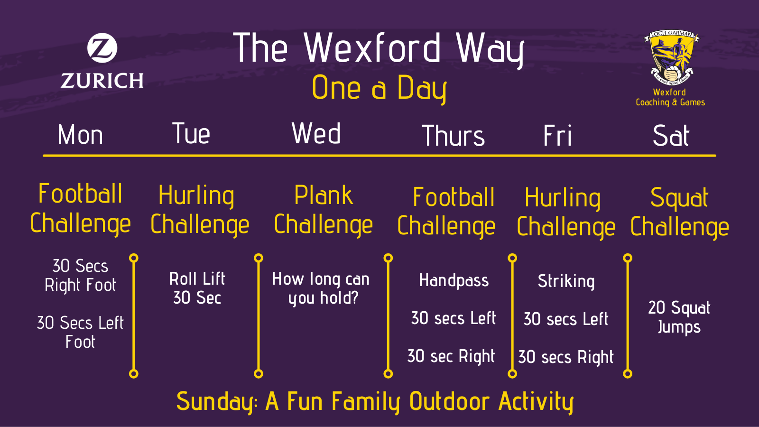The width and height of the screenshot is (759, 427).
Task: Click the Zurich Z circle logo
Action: point(102,48)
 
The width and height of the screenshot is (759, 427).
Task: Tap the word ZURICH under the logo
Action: point(102,81)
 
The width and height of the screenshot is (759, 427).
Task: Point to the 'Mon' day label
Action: point(80,135)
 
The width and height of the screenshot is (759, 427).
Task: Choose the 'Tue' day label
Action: point(191,133)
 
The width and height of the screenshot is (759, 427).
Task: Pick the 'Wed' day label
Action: point(316,133)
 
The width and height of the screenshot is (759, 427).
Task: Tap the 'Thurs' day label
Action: point(454,136)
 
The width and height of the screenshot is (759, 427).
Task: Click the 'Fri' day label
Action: point(558,135)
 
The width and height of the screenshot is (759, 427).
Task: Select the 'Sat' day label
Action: point(671,136)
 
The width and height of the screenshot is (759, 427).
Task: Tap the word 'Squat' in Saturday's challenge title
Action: point(679,197)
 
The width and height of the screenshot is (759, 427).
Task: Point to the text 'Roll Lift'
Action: point(197,279)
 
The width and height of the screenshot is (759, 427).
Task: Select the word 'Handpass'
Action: point(454,281)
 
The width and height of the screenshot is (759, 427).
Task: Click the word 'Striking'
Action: point(566,282)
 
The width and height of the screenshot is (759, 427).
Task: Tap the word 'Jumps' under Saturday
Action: point(679,327)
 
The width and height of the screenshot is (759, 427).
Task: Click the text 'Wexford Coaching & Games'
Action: point(670,98)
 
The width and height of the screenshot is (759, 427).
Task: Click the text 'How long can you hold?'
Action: point(321,289)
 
